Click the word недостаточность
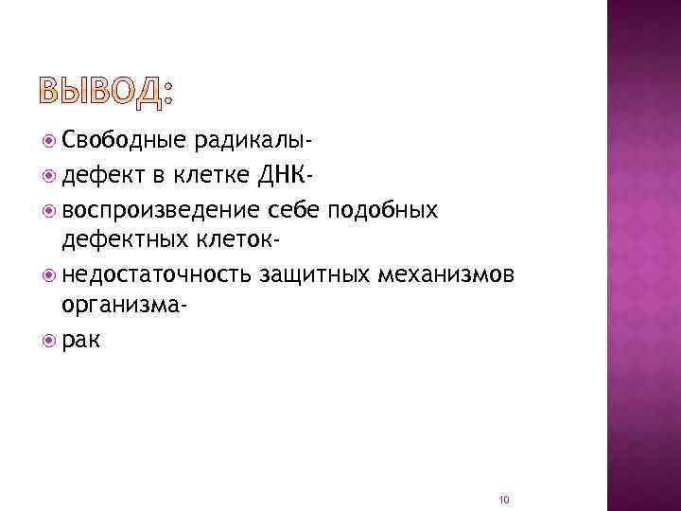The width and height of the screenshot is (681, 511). [x=156, y=274]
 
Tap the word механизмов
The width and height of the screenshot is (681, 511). [x=445, y=274]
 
